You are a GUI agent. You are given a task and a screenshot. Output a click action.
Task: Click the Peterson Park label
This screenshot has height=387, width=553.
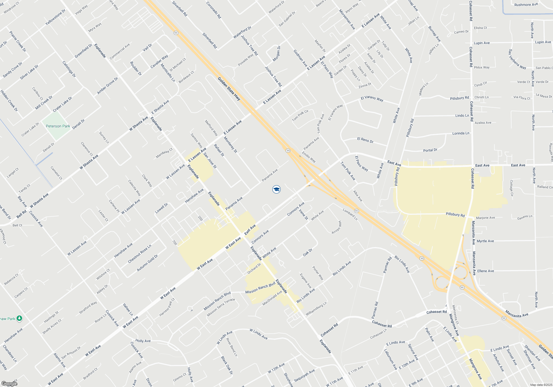pyautogui.click(x=58, y=126)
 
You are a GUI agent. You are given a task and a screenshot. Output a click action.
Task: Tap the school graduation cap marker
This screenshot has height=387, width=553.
pyautogui.click(x=276, y=189)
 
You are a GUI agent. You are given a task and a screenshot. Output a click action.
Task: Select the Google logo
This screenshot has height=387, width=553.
pyautogui.click(x=9, y=383)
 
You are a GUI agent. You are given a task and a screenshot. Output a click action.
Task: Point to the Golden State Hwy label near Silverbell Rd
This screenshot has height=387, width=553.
pyautogui.click(x=229, y=89)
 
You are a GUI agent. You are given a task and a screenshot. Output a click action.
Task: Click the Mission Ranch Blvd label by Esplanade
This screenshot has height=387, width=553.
pyautogui.click(x=260, y=288)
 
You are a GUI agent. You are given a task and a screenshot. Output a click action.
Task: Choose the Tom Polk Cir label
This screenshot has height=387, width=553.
pyautogui.click(x=300, y=115)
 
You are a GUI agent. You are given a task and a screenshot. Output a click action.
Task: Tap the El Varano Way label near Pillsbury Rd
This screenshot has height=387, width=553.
pyautogui.click(x=372, y=98)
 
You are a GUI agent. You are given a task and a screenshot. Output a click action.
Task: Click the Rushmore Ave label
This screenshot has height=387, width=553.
pyautogui.click(x=526, y=5)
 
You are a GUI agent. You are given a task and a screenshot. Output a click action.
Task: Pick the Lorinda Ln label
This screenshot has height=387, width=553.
pyautogui.click(x=461, y=133)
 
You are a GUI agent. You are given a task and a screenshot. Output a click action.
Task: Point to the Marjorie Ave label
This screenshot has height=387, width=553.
pyautogui.click(x=485, y=218)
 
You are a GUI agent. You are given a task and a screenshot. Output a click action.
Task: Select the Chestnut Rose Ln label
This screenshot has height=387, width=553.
pyautogui.click(x=140, y=254)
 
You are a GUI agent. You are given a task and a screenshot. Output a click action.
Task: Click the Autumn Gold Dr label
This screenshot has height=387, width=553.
pyautogui.click(x=147, y=263)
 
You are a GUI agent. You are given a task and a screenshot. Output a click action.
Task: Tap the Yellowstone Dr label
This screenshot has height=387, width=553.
pyautogui.click(x=55, y=17)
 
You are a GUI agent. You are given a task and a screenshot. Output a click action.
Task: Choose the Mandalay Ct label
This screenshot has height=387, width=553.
pyautogui.click(x=164, y=153)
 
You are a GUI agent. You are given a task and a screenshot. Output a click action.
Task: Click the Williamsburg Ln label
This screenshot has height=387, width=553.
pyautogui.click(x=316, y=309)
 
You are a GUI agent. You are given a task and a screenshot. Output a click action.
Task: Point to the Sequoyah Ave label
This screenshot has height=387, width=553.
pyautogui.click(x=304, y=375)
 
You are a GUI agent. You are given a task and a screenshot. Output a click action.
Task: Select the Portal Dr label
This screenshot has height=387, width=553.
pyautogui.click(x=430, y=150)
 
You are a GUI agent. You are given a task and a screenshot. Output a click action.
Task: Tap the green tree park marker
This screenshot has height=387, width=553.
pyautogui.click(x=19, y=318)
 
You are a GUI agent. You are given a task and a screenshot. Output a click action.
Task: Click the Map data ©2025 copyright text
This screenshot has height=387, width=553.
pyautogui.click(x=541, y=385)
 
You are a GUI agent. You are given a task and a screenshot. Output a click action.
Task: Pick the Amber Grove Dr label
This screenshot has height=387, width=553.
pyautogui.click(x=108, y=86)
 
